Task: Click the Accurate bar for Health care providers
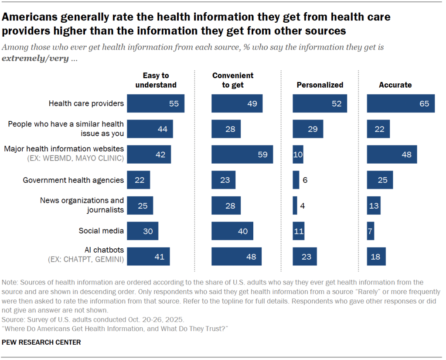[x=400, y=103]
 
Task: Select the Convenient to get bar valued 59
[x=242, y=154]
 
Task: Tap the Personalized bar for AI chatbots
[x=304, y=257]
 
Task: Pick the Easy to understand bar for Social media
[x=142, y=231]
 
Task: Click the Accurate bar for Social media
[x=370, y=231]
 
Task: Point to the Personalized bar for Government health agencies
[x=296, y=180]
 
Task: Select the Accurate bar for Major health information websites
[x=392, y=154]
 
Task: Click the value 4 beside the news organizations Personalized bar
[x=302, y=206]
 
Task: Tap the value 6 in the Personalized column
[x=305, y=180]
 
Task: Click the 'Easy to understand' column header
[x=156, y=80]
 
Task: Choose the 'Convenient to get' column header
[x=233, y=80]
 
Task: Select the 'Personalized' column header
[x=320, y=85]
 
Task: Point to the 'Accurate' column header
[x=395, y=85]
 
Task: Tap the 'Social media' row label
[x=101, y=231]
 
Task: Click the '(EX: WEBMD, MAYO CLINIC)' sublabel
[x=77, y=158]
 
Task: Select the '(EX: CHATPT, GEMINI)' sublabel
[x=85, y=261]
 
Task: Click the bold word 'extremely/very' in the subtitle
[x=35, y=58]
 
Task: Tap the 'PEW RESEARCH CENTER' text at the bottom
[x=41, y=343]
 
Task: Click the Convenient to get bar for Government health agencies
[x=223, y=180]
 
